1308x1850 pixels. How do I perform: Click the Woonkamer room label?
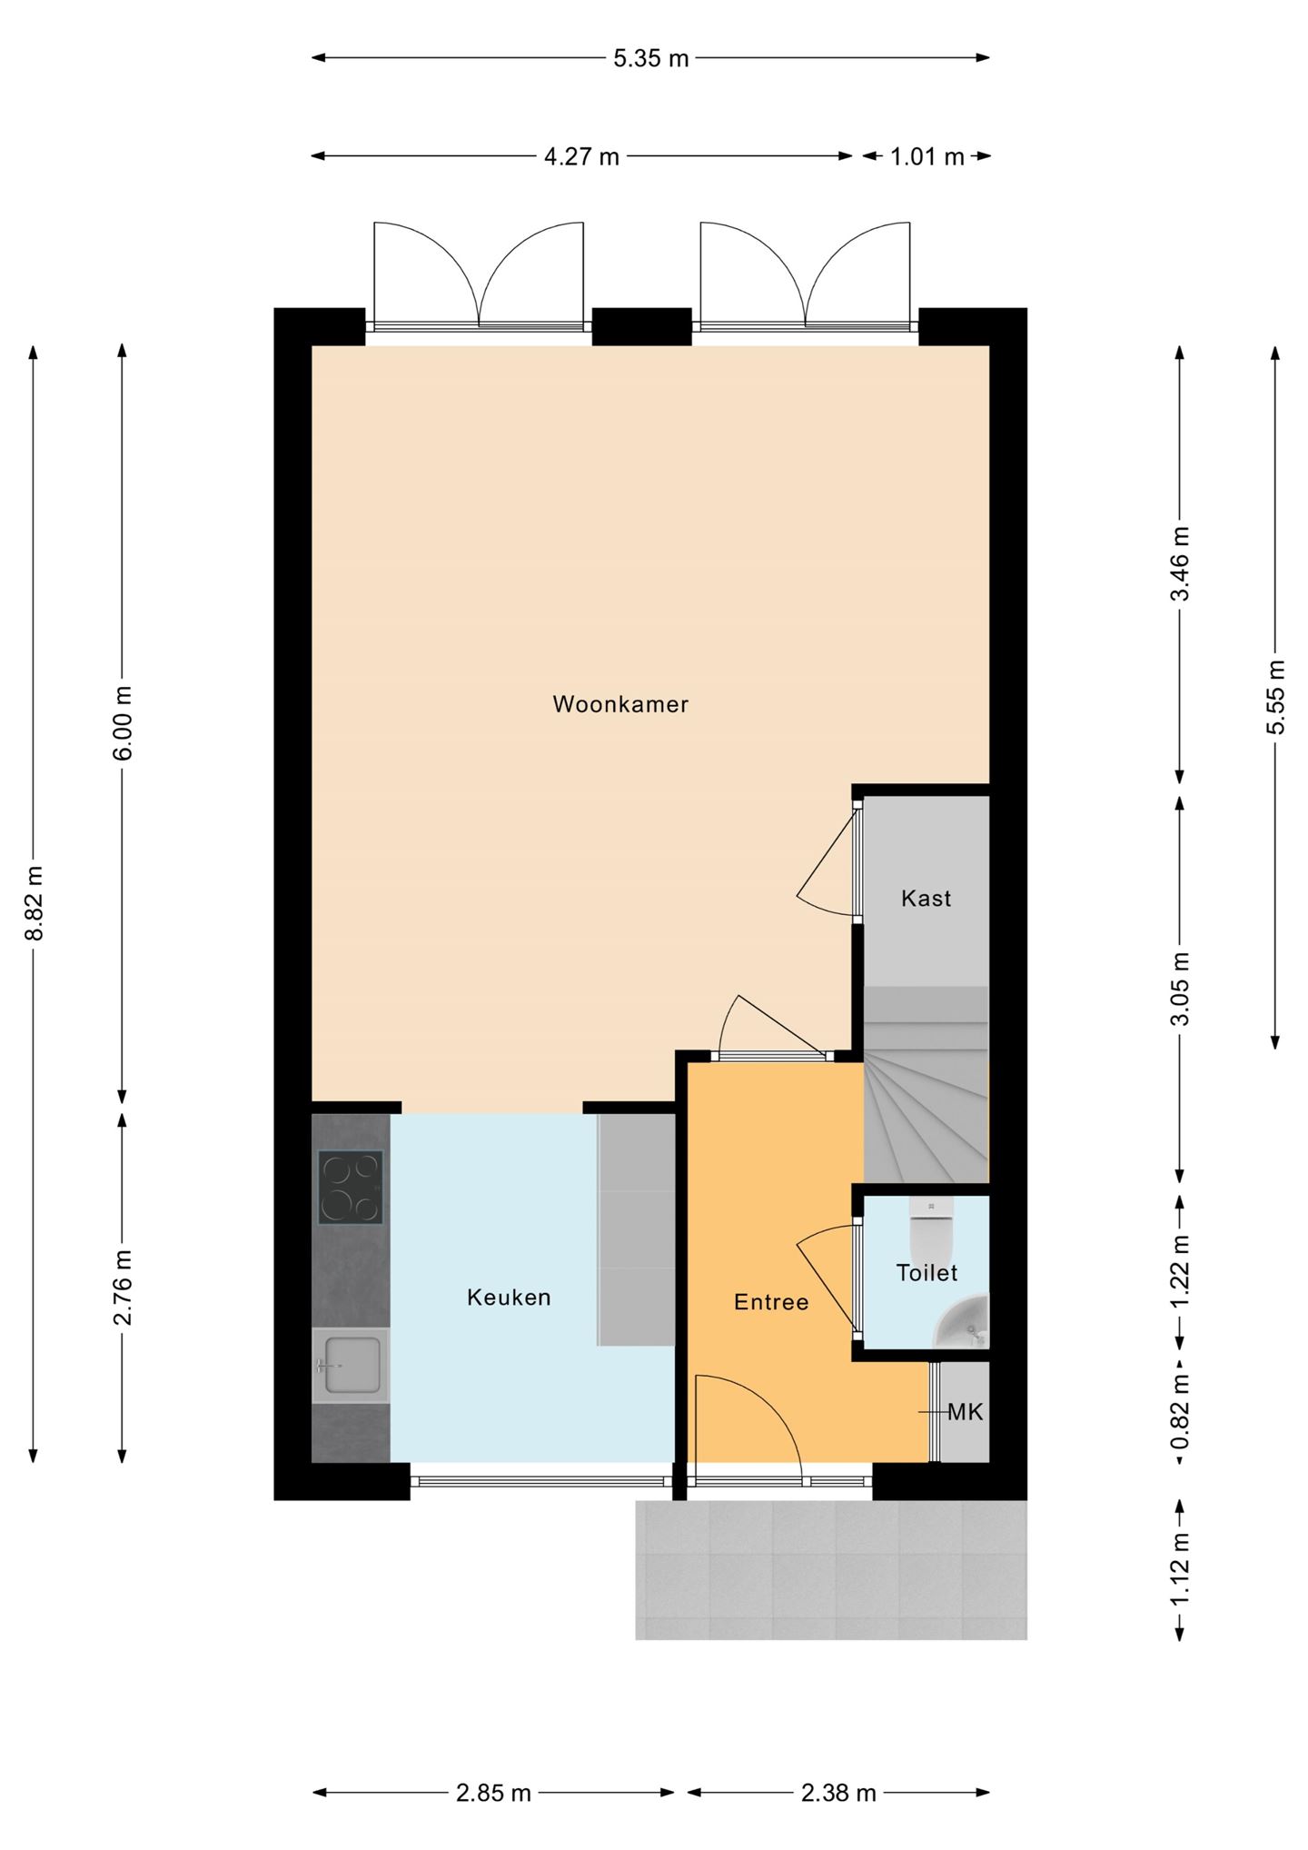tap(620, 704)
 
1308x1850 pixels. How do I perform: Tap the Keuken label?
tap(509, 1298)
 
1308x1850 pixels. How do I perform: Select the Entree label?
tap(771, 1302)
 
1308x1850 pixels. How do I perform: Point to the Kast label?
tap(926, 899)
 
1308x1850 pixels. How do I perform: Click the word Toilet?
tap(926, 1273)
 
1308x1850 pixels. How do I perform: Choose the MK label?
tap(965, 1412)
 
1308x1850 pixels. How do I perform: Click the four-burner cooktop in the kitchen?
tap(351, 1187)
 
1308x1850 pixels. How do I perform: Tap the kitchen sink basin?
tap(350, 1365)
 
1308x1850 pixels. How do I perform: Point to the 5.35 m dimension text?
tap(651, 59)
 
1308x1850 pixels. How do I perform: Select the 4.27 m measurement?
tap(581, 157)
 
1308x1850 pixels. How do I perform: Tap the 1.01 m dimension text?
tap(926, 157)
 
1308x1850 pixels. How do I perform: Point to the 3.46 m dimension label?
tap(1180, 564)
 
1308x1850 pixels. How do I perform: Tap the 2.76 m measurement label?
tap(124, 1288)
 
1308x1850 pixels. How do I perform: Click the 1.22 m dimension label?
tap(1180, 1271)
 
